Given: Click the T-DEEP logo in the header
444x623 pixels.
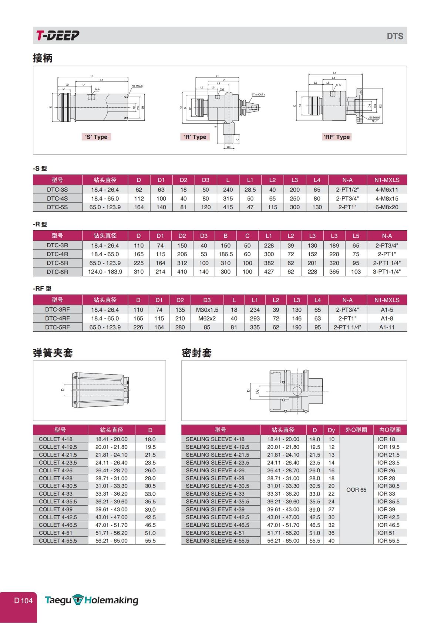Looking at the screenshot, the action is (58, 36).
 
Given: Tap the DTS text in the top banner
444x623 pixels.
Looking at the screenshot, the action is (395, 36).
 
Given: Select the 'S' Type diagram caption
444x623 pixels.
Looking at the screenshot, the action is (96, 137).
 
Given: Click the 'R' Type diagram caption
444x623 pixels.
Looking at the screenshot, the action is (195, 137).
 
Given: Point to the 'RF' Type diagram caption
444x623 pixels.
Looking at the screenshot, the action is (336, 137).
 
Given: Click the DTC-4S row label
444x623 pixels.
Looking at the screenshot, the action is (57, 198).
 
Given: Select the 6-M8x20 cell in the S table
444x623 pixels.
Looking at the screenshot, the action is (387, 207).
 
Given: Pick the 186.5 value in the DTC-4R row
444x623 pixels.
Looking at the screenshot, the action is (225, 254).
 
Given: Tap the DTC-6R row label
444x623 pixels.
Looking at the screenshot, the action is (57, 272).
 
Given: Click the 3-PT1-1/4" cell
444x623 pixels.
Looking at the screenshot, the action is (387, 272).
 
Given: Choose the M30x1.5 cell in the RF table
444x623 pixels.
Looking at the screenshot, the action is (207, 310).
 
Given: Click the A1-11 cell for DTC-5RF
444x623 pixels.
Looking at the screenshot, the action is (387, 327).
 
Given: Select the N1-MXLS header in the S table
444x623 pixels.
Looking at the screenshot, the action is (387, 180).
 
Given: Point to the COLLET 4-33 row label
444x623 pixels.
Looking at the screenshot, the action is (55, 494).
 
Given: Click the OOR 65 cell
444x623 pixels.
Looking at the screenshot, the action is (356, 490).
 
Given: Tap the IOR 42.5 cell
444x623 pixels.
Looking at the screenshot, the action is (388, 517).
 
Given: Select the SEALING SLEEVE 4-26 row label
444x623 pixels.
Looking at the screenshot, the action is (215, 470).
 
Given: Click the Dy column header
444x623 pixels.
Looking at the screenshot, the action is (331, 430).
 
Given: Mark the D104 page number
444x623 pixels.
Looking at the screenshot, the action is (23, 600).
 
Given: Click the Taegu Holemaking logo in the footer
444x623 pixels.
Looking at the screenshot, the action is (91, 600).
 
